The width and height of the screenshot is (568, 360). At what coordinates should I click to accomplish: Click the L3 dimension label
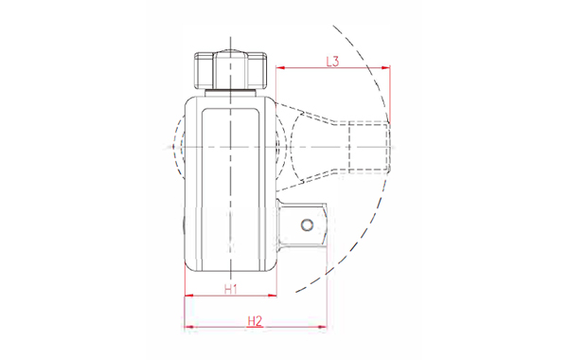332,62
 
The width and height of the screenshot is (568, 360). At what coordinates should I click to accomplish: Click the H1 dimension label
231,289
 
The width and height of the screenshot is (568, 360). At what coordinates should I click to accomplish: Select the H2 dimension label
255,321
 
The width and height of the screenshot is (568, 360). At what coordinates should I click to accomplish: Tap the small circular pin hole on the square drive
307,225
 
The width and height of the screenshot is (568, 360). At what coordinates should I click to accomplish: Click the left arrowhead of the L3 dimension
280,68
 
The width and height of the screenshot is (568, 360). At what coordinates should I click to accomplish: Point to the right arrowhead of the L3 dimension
386,68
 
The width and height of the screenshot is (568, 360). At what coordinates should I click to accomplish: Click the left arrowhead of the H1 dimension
189,296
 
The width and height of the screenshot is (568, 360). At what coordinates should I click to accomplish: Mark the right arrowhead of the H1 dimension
272,296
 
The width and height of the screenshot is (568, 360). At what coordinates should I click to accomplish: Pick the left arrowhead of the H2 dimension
189,328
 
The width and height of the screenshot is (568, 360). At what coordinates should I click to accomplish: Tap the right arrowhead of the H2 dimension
322,328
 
